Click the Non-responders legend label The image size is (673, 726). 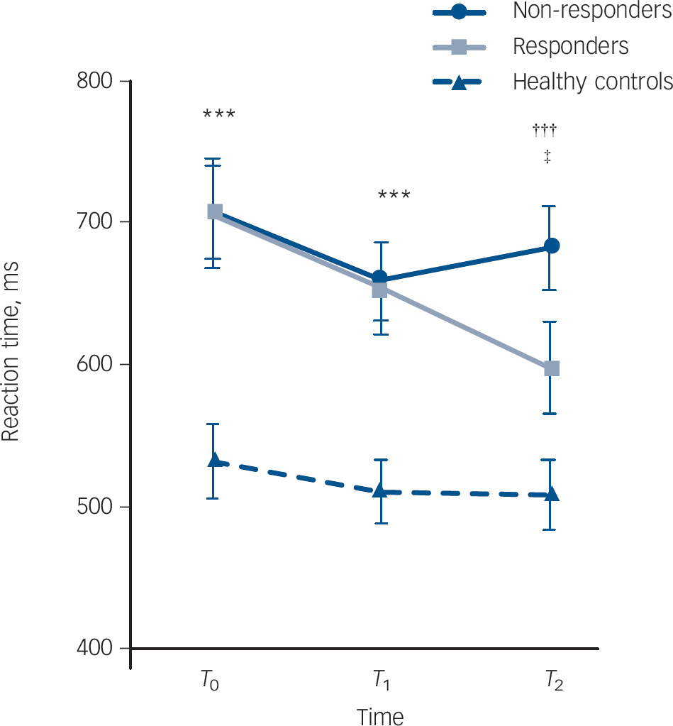tap(592, 12)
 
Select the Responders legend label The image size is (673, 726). tap(570, 47)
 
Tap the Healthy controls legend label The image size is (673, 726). tap(592, 82)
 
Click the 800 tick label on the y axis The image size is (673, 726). tap(96, 80)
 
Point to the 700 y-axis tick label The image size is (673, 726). tap(96, 222)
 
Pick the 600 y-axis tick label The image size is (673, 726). tap(96, 364)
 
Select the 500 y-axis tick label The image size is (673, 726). tap(96, 507)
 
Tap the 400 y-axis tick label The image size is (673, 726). tap(96, 649)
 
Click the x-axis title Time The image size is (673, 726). tap(380, 715)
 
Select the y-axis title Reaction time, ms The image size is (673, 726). tap(12, 351)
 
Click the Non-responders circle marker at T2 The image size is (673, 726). tap(552, 246)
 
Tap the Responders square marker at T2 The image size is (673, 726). tap(552, 368)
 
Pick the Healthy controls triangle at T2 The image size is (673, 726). tap(552, 494)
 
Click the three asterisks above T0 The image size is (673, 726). tap(218, 114)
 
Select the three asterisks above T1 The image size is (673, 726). tap(394, 195)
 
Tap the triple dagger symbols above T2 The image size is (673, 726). tap(545, 129)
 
